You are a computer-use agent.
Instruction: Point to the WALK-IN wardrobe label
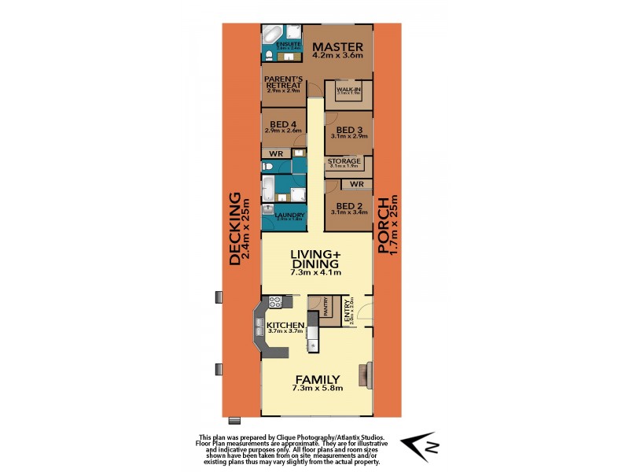pos(348,90)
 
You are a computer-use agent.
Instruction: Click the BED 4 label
pos(283,124)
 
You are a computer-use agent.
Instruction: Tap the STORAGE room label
pos(344,161)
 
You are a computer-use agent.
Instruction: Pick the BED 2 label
pos(348,206)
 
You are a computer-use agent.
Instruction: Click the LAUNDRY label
pos(289,216)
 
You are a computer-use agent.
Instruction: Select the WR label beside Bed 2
pos(356,184)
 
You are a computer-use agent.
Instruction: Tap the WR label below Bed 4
pos(276,153)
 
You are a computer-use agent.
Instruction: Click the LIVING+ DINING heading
pos(315,260)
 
